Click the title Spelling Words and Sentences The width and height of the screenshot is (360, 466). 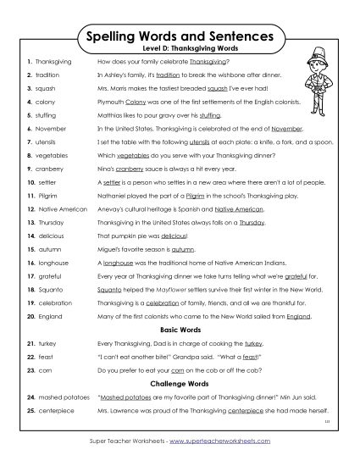click(x=180, y=37)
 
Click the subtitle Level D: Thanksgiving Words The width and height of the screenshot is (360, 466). click(x=180, y=51)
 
